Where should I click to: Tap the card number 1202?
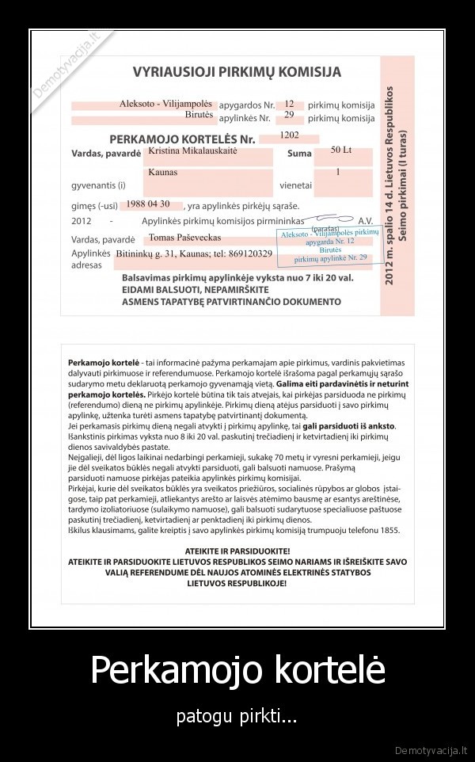pos(289,136)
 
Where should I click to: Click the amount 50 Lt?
pos(340,150)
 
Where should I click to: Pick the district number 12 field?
pos(289,105)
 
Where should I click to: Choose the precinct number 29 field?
pos(289,116)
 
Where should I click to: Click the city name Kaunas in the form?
pos(162,172)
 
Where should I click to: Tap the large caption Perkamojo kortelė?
pos(237,670)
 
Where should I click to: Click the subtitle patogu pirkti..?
pos(237,718)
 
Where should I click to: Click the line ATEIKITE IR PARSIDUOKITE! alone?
pos(237,549)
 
